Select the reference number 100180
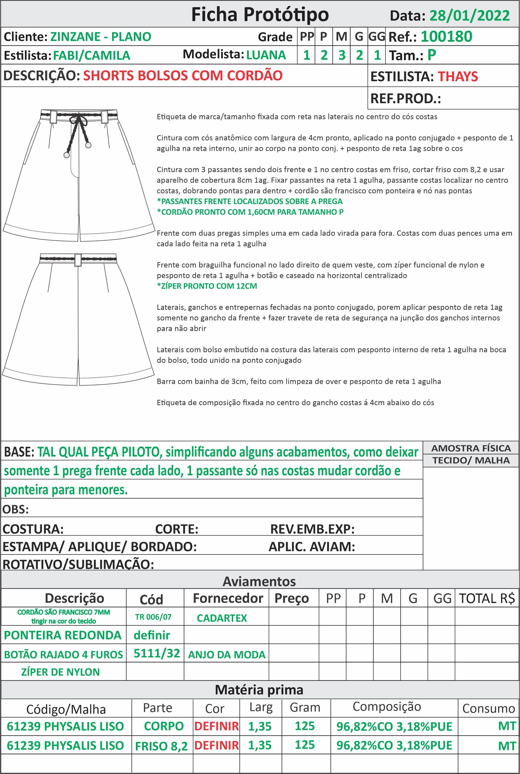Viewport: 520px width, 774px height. tap(446, 37)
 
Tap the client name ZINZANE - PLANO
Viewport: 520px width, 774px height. tap(101, 37)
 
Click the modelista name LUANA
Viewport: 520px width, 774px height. tap(266, 55)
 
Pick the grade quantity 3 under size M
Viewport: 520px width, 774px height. tap(342, 55)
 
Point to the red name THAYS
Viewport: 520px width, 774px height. tap(458, 77)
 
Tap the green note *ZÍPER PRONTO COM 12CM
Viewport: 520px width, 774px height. tap(207, 286)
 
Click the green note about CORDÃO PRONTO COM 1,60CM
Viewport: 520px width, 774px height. tap(250, 212)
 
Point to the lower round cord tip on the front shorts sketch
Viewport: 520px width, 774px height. tap(67, 155)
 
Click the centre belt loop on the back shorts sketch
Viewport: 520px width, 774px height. tap(78, 260)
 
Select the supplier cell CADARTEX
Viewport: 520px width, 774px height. tap(222, 618)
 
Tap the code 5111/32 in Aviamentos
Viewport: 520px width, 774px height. tap(156, 653)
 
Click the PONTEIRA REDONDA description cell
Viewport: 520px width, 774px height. tap(63, 635)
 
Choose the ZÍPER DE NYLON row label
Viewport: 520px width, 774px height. tap(60, 672)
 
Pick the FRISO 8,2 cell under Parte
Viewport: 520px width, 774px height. tap(162, 746)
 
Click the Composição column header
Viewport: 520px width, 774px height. tap(387, 707)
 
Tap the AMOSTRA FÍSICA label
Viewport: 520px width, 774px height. tap(471, 448)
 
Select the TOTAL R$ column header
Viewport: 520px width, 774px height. tap(486, 598)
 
